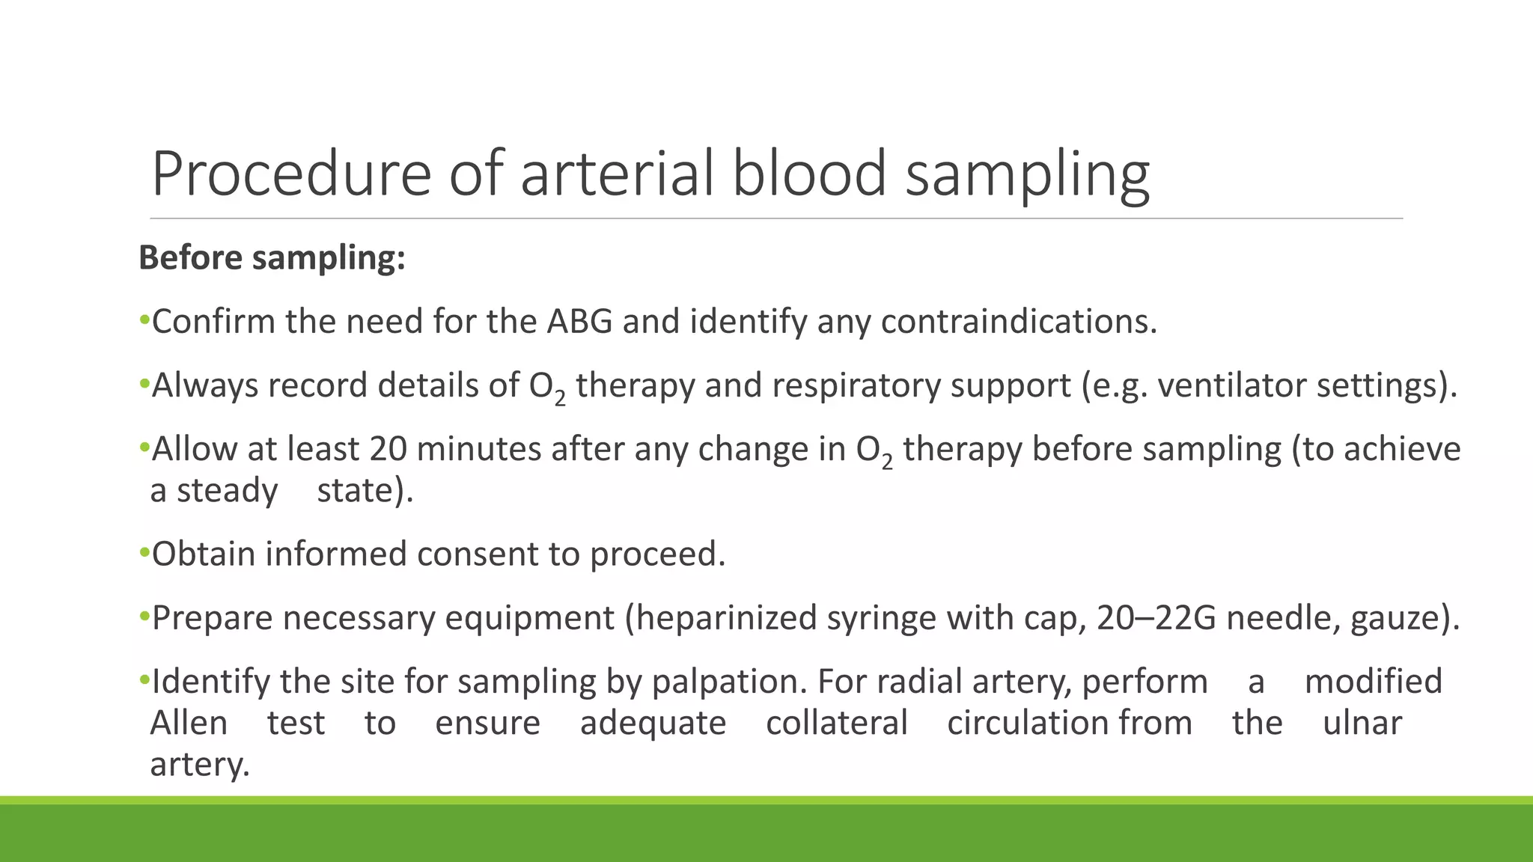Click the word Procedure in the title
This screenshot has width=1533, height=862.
pyautogui.click(x=291, y=174)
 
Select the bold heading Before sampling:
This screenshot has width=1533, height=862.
pyautogui.click(x=272, y=257)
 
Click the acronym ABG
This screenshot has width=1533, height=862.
pyautogui.click(x=579, y=322)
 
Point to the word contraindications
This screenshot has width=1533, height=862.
pyautogui.click(x=1018, y=322)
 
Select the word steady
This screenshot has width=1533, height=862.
pyautogui.click(x=227, y=491)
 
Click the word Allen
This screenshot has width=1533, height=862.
pyautogui.click(x=189, y=723)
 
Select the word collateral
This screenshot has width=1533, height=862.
pyautogui.click(x=836, y=723)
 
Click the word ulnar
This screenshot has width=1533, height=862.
pyautogui.click(x=1362, y=723)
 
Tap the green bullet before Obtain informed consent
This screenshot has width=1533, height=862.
pyautogui.click(x=144, y=554)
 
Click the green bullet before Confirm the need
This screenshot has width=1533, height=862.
pyautogui.click(x=144, y=322)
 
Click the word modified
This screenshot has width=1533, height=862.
pyautogui.click(x=1373, y=682)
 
